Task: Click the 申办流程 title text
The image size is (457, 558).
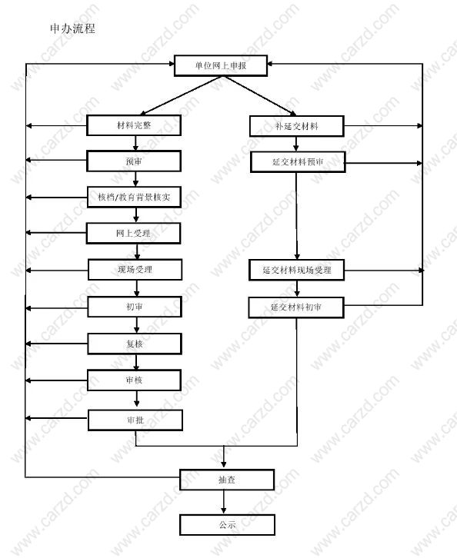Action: [x=72, y=28]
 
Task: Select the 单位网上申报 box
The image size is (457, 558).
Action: [x=221, y=65]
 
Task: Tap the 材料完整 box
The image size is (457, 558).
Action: [x=134, y=125]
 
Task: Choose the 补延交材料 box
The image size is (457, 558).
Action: [x=297, y=126]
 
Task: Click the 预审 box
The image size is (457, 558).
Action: [x=134, y=161]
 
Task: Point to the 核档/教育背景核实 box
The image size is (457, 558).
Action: [x=135, y=198]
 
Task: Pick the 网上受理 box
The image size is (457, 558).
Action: [x=134, y=234]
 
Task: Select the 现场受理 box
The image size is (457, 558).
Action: [x=135, y=270]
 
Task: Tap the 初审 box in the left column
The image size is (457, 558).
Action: [x=135, y=307]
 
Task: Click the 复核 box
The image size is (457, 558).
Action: [x=135, y=344]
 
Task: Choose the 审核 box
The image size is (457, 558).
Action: [x=135, y=380]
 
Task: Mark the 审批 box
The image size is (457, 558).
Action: [x=135, y=420]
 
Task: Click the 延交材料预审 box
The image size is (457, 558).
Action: [x=298, y=162]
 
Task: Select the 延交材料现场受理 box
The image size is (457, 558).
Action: [x=297, y=270]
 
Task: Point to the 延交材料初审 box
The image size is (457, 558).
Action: [x=296, y=307]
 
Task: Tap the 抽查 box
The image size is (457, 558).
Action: [x=227, y=480]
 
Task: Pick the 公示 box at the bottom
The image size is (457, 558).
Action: [x=227, y=525]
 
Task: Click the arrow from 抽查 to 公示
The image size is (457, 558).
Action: [x=224, y=502]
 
